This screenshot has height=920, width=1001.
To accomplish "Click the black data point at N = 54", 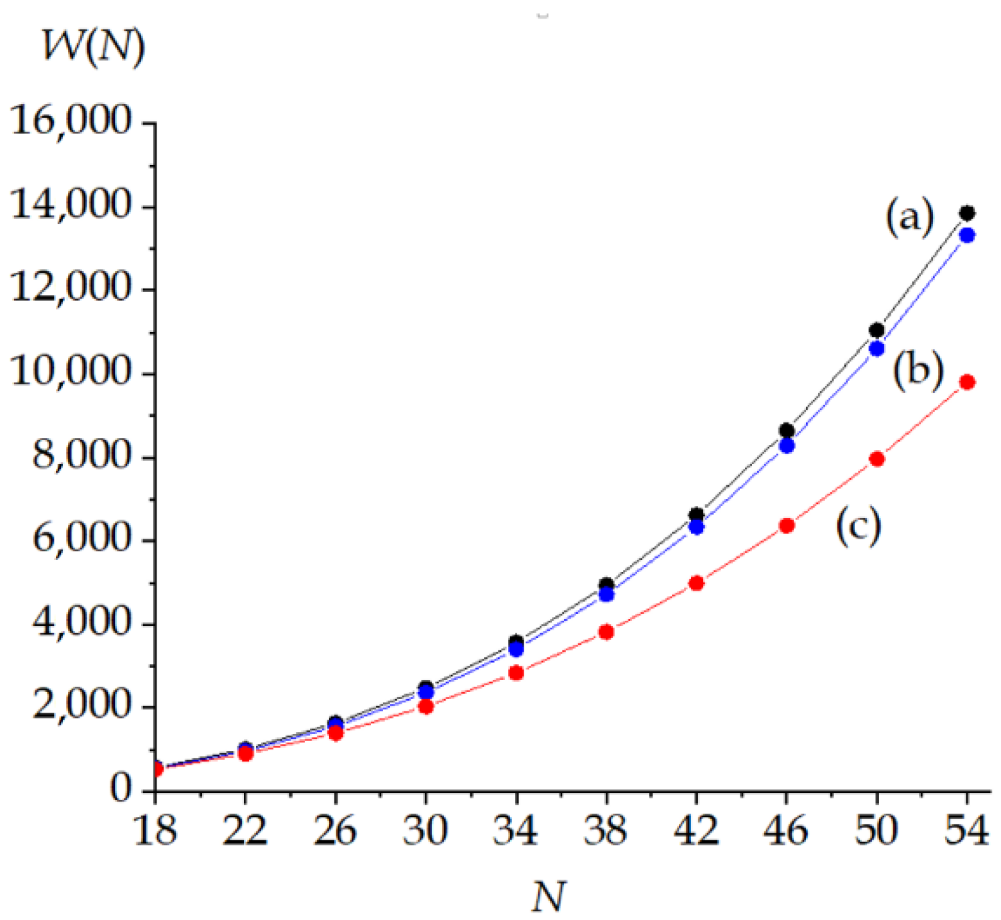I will (x=967, y=213).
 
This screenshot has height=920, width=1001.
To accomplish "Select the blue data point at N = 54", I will (x=967, y=236).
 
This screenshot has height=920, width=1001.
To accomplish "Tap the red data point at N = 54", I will (x=967, y=383).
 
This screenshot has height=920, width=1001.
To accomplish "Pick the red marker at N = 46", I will (x=787, y=526).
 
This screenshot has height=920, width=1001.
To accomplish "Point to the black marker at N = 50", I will (x=877, y=330).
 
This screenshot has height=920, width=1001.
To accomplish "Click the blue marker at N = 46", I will (x=787, y=446).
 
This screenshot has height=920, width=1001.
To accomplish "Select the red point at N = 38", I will (x=606, y=632).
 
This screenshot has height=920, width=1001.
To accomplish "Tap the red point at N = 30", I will (x=426, y=707).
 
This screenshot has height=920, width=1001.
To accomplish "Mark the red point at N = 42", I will (x=696, y=584).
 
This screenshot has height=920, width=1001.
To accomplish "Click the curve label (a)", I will (x=909, y=217).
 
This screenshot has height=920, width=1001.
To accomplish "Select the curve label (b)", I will (x=918, y=370).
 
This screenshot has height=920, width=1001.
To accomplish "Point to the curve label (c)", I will (x=858, y=526).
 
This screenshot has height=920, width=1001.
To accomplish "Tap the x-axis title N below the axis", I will (x=549, y=896).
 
